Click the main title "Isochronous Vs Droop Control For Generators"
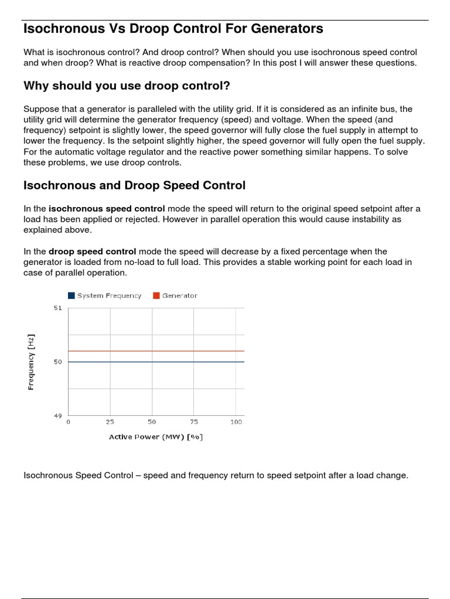pos(173,28)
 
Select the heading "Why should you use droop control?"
pos(127,86)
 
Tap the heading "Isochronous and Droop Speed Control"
pos(134,185)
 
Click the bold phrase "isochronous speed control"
pos(107,209)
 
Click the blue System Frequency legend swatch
pos(71,296)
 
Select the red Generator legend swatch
pos(156,296)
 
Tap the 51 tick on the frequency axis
pos(57,308)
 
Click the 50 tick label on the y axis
pos(57,362)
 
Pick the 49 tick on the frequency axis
pos(57,416)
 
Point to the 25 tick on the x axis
pos(110,422)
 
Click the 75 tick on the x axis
pos(194,422)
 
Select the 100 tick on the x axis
pos(236,422)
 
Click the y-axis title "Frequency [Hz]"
pos(31,362)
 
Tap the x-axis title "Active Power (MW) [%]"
pos(156,437)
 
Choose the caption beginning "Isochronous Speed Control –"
pos(216,476)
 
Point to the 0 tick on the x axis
pos(69,422)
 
